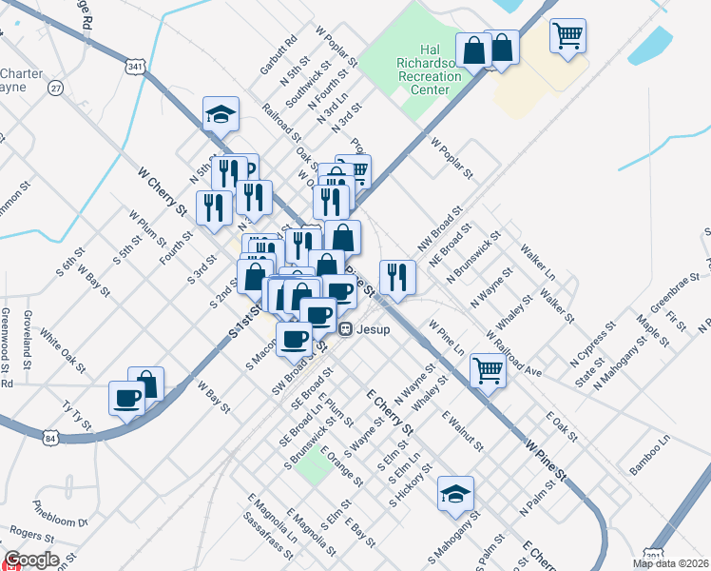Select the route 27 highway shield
click(x=57, y=88)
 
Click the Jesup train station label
click(x=366, y=328)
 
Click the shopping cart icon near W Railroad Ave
click(x=488, y=370)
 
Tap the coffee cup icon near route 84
click(x=126, y=397)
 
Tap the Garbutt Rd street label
click(x=279, y=56)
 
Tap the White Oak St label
click(x=62, y=353)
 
